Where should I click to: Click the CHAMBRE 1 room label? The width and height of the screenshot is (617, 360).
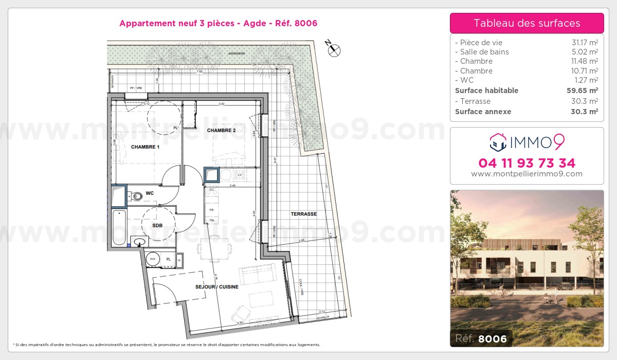[x=145, y=147]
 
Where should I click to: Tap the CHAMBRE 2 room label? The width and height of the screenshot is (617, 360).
[x=221, y=131]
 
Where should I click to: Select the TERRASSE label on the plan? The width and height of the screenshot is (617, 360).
[x=303, y=214]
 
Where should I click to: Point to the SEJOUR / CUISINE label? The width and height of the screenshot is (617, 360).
[x=216, y=287]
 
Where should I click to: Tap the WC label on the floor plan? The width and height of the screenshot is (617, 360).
[x=150, y=193]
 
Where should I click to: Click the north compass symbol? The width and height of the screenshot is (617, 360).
[x=335, y=50]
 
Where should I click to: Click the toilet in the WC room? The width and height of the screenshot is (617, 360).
[x=136, y=196]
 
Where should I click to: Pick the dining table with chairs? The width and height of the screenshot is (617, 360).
[x=212, y=249]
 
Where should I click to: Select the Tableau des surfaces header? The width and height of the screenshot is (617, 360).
[x=527, y=23]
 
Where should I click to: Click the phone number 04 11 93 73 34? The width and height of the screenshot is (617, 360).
[x=527, y=163]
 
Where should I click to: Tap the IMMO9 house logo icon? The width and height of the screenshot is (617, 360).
[x=497, y=141]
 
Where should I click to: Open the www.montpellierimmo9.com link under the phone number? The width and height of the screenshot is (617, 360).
[x=527, y=174]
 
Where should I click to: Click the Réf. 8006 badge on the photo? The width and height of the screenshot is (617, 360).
[x=481, y=338]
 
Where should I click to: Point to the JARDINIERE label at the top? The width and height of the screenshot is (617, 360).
[x=238, y=53]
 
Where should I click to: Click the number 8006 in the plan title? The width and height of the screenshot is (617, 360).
[x=306, y=23]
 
